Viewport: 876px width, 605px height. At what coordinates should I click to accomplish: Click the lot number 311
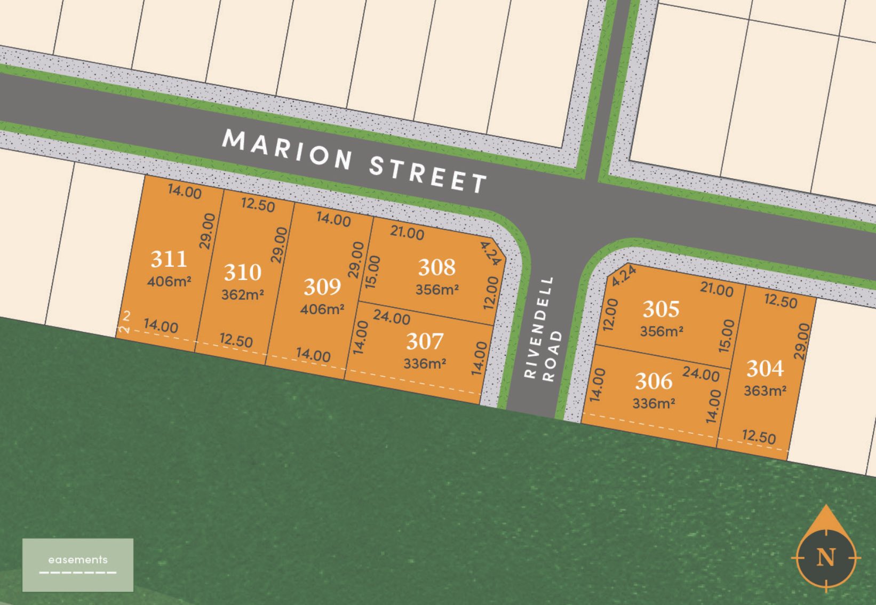click(x=169, y=259)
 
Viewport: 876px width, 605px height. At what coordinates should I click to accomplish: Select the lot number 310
click(x=243, y=273)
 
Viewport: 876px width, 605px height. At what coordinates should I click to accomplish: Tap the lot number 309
click(x=322, y=287)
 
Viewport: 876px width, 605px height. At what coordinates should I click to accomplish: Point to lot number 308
click(x=436, y=267)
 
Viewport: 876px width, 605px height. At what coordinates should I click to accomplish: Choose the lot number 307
click(x=425, y=341)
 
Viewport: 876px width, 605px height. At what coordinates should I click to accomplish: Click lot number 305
click(x=661, y=309)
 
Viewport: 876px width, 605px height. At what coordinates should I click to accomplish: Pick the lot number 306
click(x=654, y=381)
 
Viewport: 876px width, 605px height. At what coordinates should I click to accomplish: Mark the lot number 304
click(x=765, y=369)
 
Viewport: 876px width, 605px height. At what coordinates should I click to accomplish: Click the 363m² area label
click(x=765, y=391)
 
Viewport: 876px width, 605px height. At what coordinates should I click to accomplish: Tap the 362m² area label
click(x=243, y=294)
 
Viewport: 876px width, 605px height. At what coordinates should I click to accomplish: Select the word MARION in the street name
click(x=286, y=149)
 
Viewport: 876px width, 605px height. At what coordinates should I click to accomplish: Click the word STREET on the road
click(x=428, y=174)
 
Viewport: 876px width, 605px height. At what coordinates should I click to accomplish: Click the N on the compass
click(x=825, y=558)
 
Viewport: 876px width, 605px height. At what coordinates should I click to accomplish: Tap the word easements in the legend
click(x=78, y=560)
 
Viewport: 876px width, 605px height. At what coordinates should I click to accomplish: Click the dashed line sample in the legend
click(x=78, y=573)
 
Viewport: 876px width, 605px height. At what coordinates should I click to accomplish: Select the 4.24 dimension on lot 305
click(x=624, y=276)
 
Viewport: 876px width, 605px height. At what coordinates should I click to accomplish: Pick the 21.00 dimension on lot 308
click(x=407, y=233)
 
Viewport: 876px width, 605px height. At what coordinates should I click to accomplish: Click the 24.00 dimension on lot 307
click(x=392, y=317)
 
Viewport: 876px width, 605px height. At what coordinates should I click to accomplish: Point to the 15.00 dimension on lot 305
click(x=727, y=336)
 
